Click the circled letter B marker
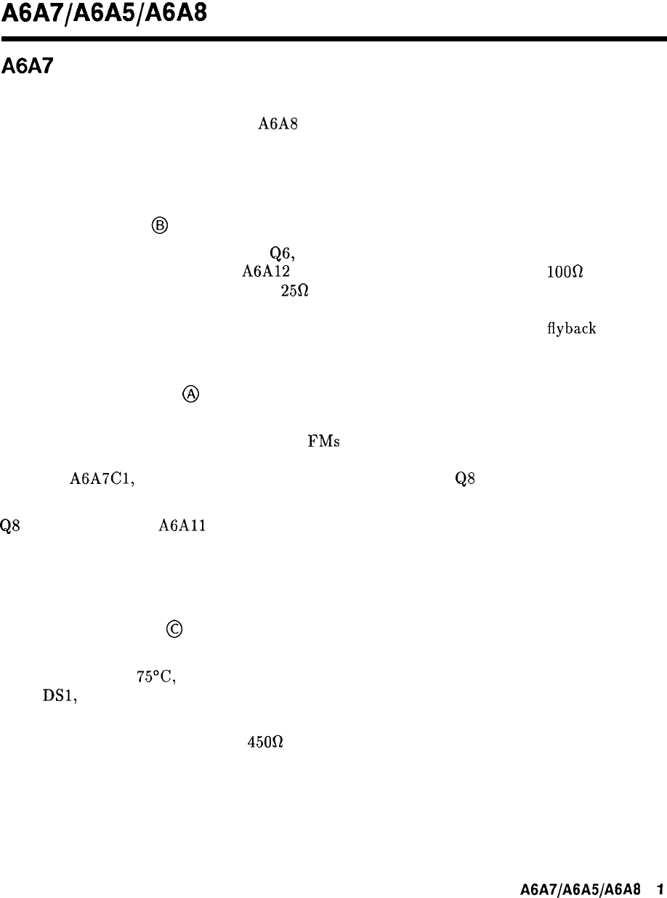(x=160, y=226)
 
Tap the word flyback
(x=573, y=328)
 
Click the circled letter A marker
(x=190, y=394)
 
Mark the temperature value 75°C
(x=158, y=676)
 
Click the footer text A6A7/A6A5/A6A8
(x=580, y=888)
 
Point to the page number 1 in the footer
(x=660, y=888)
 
